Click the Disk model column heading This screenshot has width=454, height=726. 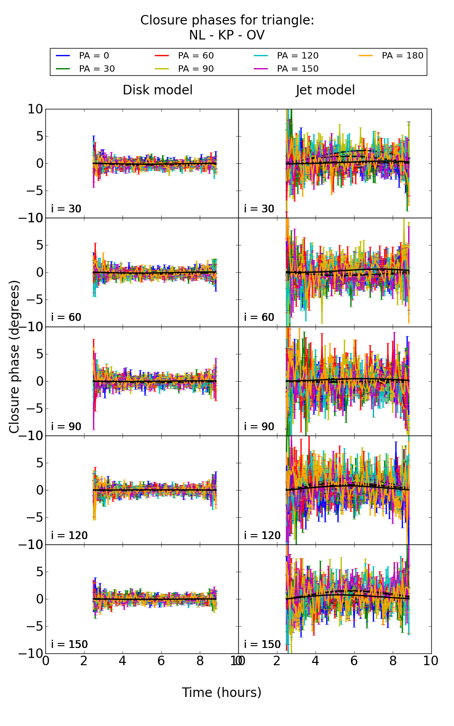tap(158, 90)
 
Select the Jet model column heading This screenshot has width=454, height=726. tap(325, 90)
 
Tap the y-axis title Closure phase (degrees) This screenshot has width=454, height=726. tap(15, 357)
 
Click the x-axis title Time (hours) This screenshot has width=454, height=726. tap(222, 692)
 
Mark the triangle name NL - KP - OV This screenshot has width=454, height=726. tap(227, 35)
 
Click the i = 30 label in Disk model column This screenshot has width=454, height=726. tap(66, 209)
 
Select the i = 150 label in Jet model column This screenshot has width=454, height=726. tap(262, 644)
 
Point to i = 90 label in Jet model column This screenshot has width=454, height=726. tap(259, 427)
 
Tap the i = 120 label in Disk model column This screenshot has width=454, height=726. tap(69, 535)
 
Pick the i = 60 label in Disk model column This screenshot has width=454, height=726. tap(66, 318)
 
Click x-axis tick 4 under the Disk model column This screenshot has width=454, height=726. tap(123, 661)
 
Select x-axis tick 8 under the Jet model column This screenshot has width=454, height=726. tap(393, 661)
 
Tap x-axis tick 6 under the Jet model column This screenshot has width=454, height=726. tap(354, 661)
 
